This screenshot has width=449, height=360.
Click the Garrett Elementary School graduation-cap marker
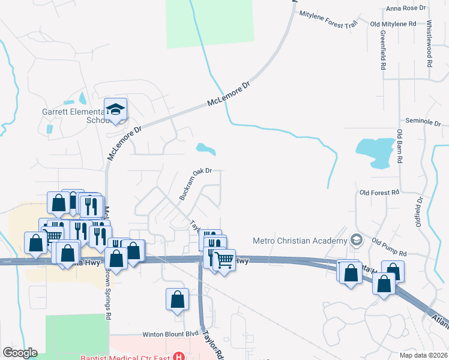pyautogui.click(x=116, y=110)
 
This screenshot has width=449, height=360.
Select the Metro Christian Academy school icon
pyautogui.click(x=357, y=240)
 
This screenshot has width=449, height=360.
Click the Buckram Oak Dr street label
pyautogui.click(x=196, y=184)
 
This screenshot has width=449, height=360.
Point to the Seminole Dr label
pyautogui.click(x=423, y=121)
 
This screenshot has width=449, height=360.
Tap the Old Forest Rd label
pyautogui.click(x=379, y=193)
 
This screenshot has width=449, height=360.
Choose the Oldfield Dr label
pyautogui.click(x=420, y=217)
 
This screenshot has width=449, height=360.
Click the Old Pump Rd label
pyautogui.click(x=389, y=247)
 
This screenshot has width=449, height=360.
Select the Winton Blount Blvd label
pyautogui.click(x=170, y=334)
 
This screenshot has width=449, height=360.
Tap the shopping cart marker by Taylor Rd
pyautogui.click(x=224, y=260)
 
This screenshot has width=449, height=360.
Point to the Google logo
pyautogui.click(x=20, y=353)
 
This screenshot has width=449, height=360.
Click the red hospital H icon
pyautogui.click(x=178, y=356)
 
